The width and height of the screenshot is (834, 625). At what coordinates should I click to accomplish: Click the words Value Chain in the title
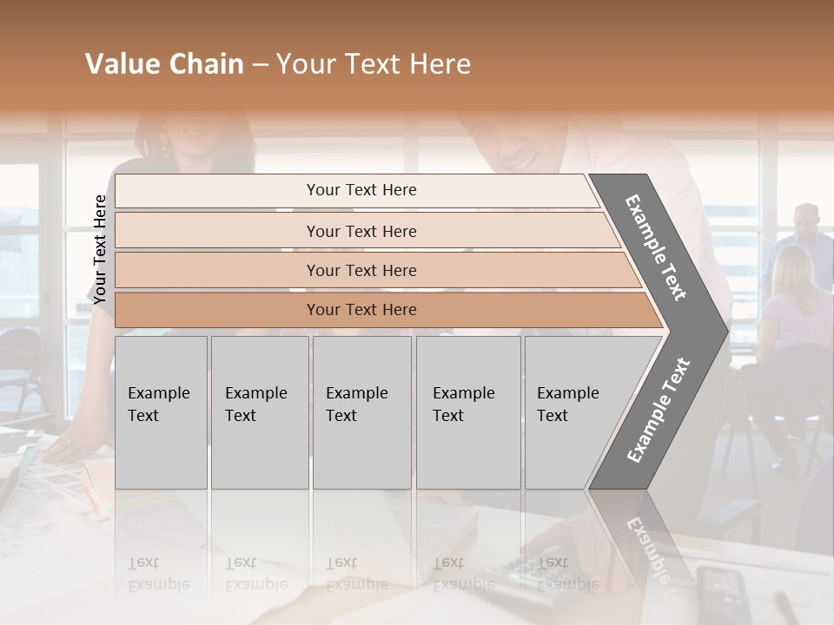(x=164, y=64)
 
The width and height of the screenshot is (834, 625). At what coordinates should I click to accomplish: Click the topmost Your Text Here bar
(x=361, y=190)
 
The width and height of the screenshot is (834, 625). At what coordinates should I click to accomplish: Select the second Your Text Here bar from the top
(x=361, y=231)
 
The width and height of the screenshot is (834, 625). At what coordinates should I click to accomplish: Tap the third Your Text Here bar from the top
(x=361, y=270)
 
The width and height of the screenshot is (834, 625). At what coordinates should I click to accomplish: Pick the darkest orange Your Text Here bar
(x=361, y=310)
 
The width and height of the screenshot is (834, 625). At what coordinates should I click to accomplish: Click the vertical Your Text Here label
(x=100, y=249)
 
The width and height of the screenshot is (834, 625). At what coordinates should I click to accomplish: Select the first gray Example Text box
(x=161, y=411)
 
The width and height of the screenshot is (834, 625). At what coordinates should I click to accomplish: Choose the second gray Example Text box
(x=259, y=411)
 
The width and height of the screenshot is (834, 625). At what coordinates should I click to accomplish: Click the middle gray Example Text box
(x=361, y=411)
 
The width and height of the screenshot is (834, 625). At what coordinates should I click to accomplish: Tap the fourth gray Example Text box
(x=467, y=411)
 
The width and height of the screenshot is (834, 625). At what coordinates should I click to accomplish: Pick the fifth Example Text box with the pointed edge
(x=573, y=411)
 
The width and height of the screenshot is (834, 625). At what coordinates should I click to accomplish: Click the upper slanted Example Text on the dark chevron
(x=656, y=247)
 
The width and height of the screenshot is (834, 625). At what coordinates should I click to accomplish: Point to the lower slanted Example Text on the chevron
(x=659, y=411)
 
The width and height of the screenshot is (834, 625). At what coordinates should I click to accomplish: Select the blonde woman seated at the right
(x=792, y=295)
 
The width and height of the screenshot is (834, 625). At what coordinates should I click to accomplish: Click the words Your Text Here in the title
(x=374, y=64)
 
